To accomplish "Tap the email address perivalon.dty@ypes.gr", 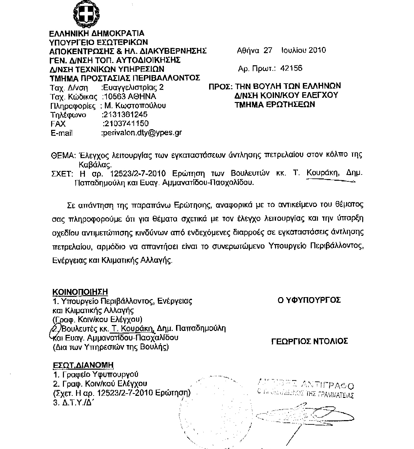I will (x=142, y=133).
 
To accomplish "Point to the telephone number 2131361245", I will (x=125, y=114).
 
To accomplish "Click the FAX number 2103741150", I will (x=126, y=124).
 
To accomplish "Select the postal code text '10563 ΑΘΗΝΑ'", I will (x=129, y=96).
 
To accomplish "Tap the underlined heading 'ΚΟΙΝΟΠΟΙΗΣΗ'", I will (x=80, y=292).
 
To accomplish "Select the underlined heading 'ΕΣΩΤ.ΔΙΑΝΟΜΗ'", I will (x=83, y=365).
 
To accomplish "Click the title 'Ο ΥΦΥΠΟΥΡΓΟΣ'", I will (x=309, y=300).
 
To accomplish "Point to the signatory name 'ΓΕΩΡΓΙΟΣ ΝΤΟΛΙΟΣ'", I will (x=310, y=341).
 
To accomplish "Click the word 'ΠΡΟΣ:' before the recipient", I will (x=221, y=87).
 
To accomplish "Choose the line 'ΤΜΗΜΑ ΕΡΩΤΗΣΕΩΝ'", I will (x=274, y=105).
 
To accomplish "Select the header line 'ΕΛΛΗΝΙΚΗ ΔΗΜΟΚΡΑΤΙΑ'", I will (x=97, y=33).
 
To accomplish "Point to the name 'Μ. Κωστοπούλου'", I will (x=135, y=106).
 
